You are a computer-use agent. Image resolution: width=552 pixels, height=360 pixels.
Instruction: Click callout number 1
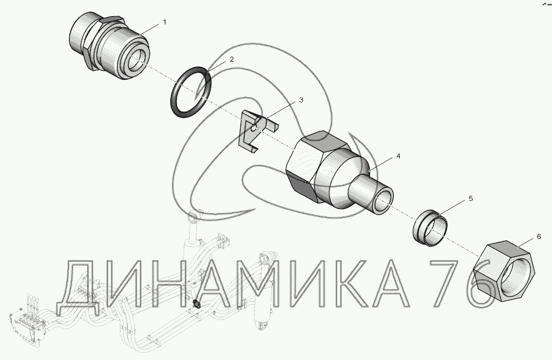(x=164, y=22)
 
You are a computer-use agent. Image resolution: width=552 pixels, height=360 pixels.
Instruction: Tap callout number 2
(x=232, y=59)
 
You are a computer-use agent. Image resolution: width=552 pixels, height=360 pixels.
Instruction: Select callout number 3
(x=301, y=100)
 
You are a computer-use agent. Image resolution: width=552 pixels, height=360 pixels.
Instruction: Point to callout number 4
(x=398, y=155)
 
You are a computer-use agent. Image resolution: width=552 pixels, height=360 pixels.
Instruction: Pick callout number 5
(x=470, y=199)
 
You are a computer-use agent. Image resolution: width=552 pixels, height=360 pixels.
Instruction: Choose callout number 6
(x=539, y=237)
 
